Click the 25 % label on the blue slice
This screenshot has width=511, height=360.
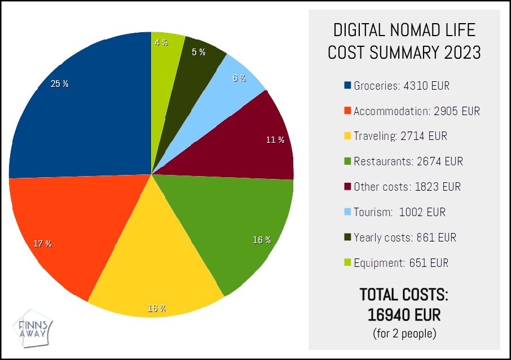[59, 84]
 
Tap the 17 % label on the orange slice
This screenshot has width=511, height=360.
[42, 244]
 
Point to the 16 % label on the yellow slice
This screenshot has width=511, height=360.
[156, 309]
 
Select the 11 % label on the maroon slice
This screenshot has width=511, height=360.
[275, 140]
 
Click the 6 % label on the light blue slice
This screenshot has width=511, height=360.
[239, 78]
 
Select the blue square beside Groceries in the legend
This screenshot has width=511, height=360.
[348, 86]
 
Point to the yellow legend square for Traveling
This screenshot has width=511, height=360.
[348, 137]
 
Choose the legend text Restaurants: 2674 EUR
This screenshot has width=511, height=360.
[408, 162]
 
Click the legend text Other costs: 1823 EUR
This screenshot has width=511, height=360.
[407, 187]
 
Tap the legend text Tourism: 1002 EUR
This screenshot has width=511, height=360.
[399, 212]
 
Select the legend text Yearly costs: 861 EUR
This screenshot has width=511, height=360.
[404, 238]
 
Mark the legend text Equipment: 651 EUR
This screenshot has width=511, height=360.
[401, 263]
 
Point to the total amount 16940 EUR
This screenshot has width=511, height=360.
[404, 314]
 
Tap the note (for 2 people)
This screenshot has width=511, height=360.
[404, 333]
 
